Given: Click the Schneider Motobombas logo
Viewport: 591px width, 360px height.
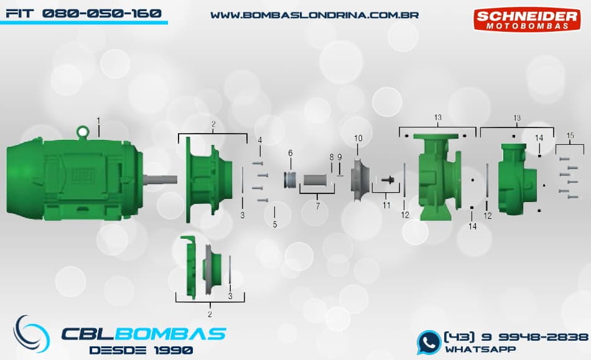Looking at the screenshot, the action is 527,19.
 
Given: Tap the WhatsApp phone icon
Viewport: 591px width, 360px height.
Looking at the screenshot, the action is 429,343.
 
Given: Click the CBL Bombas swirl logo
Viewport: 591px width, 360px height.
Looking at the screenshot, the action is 31,334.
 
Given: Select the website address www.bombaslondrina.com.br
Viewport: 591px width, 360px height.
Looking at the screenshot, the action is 314,16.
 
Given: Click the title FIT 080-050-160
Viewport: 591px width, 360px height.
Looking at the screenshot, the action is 84,14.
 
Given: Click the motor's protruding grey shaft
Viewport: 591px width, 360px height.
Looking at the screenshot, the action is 160,180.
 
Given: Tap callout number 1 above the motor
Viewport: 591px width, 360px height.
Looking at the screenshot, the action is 98,121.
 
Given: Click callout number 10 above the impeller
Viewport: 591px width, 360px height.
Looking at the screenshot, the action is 358,138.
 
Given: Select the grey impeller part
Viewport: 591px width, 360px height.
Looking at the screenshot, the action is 358,180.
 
